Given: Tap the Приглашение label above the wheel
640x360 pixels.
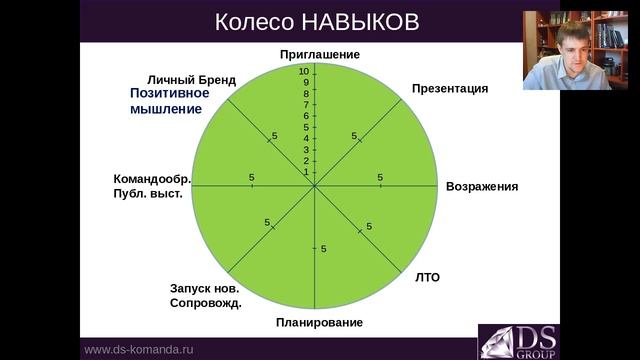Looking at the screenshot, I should tap(319, 54).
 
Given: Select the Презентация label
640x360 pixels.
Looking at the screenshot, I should tap(450, 88).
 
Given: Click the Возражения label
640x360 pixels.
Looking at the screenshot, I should tap(482, 187).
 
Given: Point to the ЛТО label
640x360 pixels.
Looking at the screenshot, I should tap(427, 277).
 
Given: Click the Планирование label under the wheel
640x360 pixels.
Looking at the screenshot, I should tap(319, 322).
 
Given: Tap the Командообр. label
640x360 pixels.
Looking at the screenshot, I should tap(152, 179).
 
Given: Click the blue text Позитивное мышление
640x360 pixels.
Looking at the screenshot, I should tap(168, 100).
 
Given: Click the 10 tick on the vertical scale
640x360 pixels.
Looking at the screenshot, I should tap(304, 71).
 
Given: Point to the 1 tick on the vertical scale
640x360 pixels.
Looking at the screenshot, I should tap(307, 172).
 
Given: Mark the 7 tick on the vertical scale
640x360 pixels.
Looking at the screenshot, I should tap(307, 105).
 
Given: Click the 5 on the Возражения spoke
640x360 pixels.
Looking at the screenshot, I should tap(380, 178).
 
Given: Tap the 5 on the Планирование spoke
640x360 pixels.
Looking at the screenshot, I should tap(324, 248).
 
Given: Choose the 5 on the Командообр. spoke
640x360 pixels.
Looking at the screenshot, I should tap(251, 178).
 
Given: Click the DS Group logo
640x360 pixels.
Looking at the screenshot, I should tap(518, 341).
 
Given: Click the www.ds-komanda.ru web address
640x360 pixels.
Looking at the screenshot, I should tap(137, 350).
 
